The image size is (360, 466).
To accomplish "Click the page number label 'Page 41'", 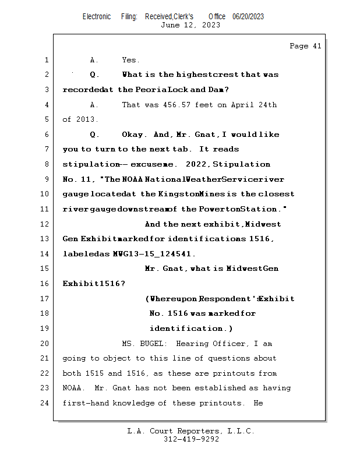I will point(305,46).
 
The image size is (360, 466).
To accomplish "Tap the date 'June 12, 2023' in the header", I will point(190,24).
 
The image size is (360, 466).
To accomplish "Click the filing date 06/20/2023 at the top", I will point(248,16).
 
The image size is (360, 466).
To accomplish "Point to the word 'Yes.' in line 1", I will point(130,59).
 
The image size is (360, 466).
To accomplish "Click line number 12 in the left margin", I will point(46,224).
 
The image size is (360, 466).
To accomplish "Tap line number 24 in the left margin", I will point(46,403).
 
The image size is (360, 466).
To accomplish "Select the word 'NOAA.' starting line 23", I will point(73,388).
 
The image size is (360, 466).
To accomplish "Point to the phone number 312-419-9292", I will point(191,439).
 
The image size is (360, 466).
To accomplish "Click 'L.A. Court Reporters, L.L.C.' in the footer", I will point(191,431).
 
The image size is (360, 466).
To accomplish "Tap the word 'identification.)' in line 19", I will point(191,329).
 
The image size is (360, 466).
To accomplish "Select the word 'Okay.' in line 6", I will point(135,135).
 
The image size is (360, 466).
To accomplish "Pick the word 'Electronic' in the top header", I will point(97,16).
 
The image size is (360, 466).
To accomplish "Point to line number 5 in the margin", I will point(46,119).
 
